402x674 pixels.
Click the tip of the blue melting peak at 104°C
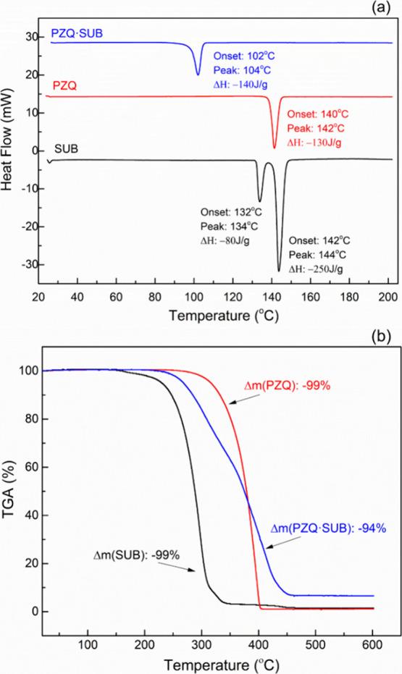198,74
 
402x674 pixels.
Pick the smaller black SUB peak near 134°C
260,201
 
